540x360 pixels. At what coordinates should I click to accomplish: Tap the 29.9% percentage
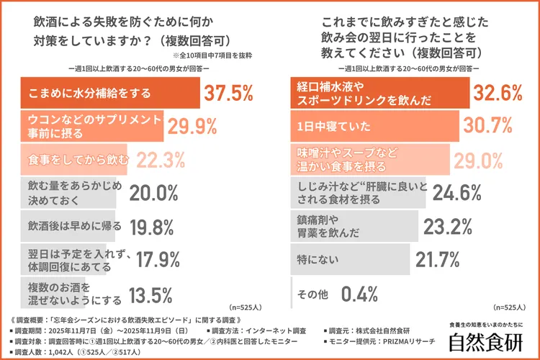(192, 127)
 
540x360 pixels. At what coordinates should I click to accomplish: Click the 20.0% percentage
(153, 192)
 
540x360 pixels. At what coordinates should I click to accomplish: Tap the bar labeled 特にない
(350, 258)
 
